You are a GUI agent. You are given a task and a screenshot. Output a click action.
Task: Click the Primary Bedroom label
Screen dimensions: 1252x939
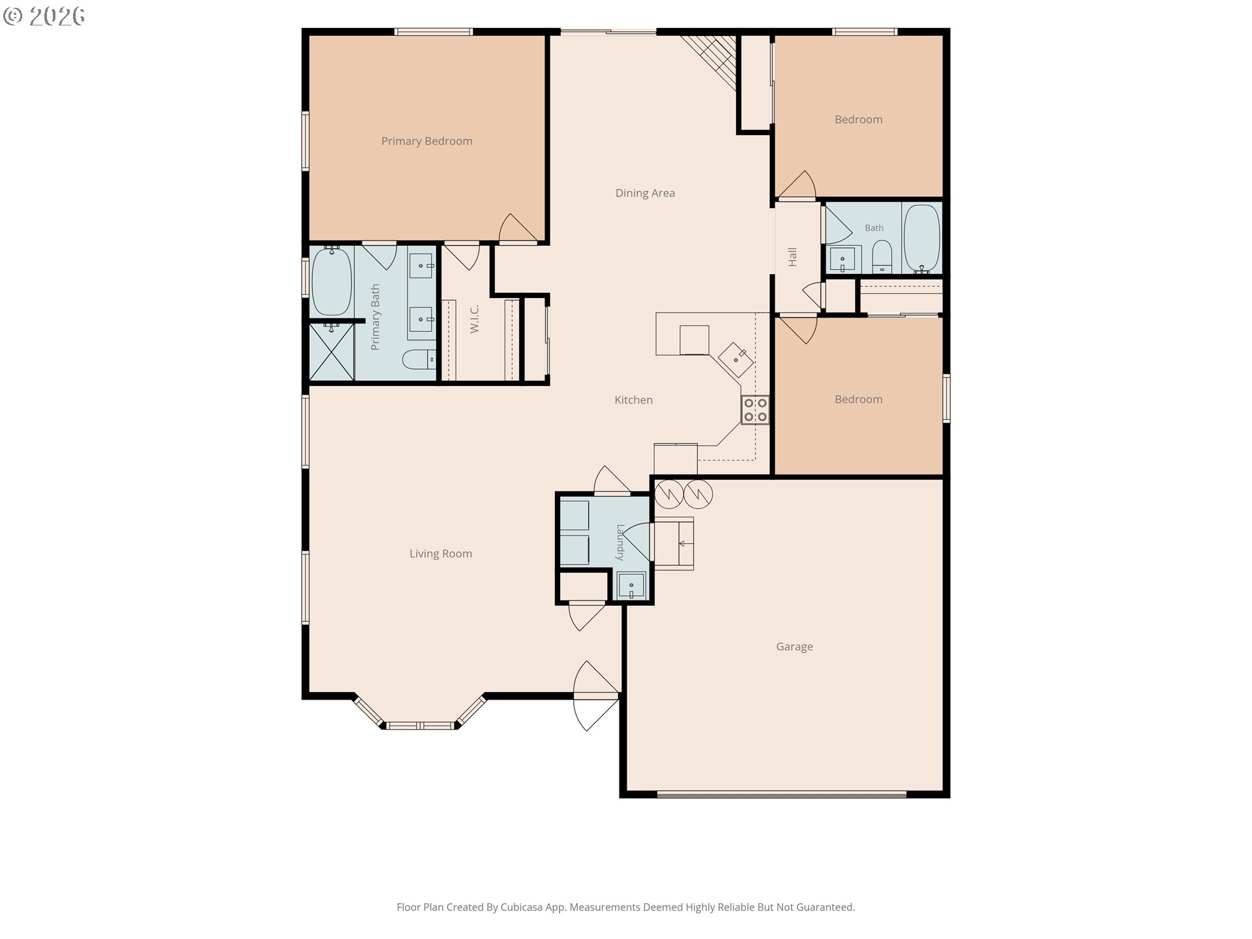coord(426,141)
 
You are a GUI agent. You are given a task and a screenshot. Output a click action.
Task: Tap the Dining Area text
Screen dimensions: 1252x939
coord(645,193)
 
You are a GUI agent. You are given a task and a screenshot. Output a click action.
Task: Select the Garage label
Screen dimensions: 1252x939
coord(794,647)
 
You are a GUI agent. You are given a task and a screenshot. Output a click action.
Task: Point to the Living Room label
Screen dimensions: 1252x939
coord(441,554)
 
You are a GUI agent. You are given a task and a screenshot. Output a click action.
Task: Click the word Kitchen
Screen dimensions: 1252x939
coord(634,400)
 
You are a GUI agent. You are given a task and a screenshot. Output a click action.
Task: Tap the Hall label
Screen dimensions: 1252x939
coord(792,257)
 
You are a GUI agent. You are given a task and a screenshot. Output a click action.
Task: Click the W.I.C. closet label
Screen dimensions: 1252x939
coord(475,320)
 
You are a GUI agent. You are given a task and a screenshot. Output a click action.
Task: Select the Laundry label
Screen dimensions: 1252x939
coord(620,543)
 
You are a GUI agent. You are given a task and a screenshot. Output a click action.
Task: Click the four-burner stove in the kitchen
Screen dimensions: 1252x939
coord(755,410)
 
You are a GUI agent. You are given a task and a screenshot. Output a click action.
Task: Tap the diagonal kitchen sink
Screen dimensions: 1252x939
coord(736,358)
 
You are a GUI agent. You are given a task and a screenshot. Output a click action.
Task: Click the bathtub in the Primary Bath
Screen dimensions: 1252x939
coord(332,281)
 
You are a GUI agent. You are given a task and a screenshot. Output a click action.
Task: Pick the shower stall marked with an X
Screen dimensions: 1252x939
coord(331,352)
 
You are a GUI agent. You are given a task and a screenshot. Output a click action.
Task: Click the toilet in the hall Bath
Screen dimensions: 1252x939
coord(882,257)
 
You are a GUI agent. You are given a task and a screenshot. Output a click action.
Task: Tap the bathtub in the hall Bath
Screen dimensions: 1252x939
coord(922,238)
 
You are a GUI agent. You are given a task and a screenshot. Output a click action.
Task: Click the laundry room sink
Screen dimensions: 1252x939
coord(631,586)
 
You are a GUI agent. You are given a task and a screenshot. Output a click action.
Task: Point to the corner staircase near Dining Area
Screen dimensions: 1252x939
coord(711,60)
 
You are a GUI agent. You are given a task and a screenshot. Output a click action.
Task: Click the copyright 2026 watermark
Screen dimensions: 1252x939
coord(44,16)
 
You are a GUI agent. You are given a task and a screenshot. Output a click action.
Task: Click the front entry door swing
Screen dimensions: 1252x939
coord(595,696)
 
